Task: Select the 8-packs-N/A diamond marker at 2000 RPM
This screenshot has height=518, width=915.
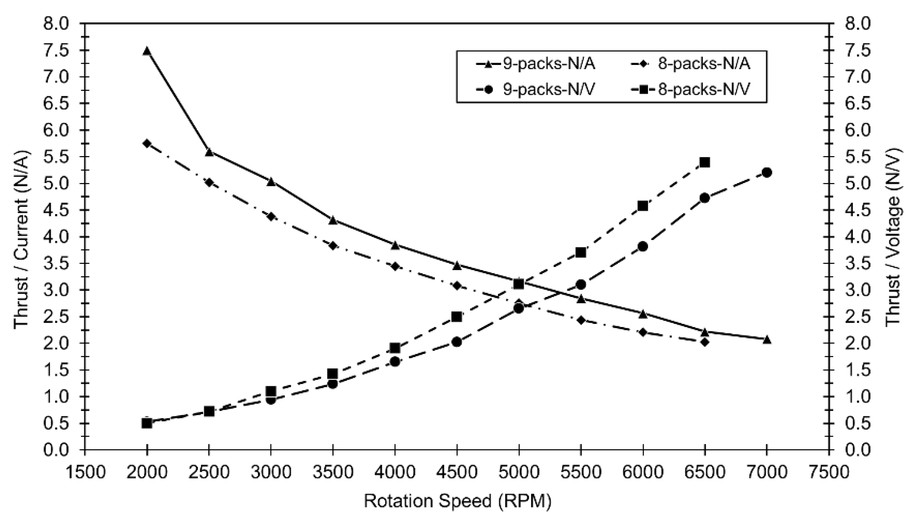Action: pyautogui.click(x=147, y=143)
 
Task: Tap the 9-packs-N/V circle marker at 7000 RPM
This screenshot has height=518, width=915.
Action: pyautogui.click(x=767, y=172)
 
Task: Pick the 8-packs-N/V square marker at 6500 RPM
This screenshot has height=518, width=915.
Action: pyautogui.click(x=705, y=163)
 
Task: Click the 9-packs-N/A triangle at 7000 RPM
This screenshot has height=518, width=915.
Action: pyautogui.click(x=767, y=340)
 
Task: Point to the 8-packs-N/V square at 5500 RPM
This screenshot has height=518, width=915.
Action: pyautogui.click(x=581, y=253)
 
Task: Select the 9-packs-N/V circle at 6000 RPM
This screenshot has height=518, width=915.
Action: pyautogui.click(x=643, y=246)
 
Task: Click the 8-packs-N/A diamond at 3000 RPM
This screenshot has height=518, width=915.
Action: pyautogui.click(x=271, y=216)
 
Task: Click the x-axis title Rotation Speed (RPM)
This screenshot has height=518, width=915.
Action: pyautogui.click(x=457, y=501)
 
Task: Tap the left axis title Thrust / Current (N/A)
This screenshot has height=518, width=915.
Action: pyautogui.click(x=22, y=240)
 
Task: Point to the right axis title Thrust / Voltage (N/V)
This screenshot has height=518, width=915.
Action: pyautogui.click(x=893, y=237)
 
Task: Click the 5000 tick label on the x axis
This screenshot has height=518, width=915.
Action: pyautogui.click(x=519, y=472)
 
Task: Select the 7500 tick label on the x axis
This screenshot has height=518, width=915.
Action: pyautogui.click(x=829, y=472)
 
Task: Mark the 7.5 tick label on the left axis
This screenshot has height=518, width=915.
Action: pyautogui.click(x=56, y=51)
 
